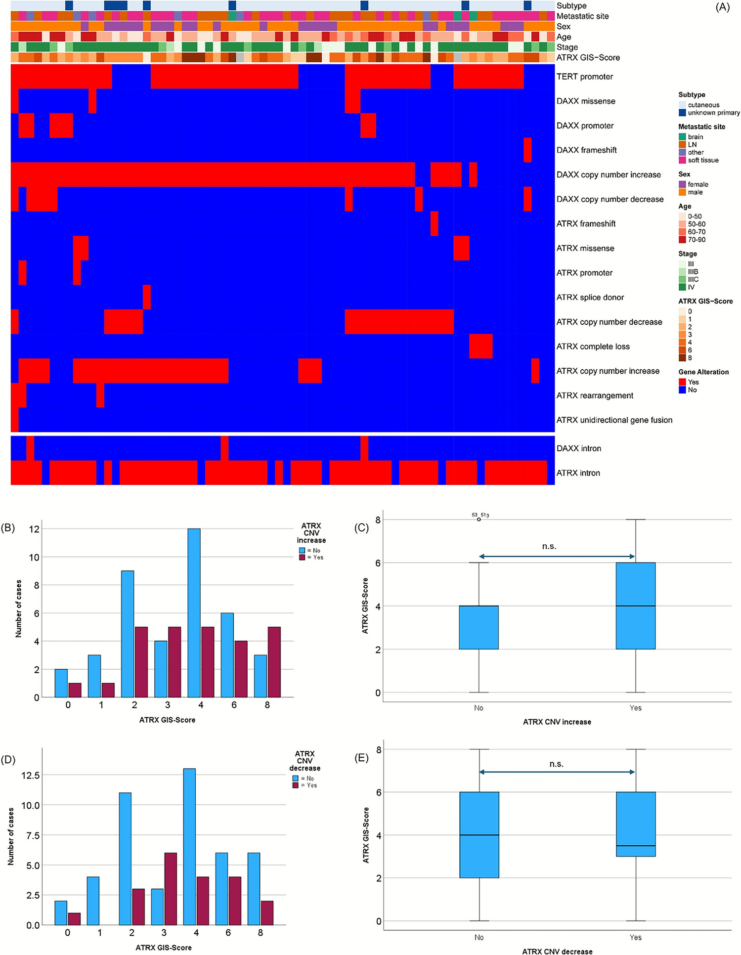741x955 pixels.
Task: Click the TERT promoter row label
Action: tap(584, 77)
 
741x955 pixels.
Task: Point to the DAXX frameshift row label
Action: tap(586, 150)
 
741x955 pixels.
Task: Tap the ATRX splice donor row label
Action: tap(590, 298)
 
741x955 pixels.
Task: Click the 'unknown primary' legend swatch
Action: tap(682, 113)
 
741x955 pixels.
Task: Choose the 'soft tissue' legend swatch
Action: tap(682, 160)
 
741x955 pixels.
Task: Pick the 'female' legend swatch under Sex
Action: tap(682, 184)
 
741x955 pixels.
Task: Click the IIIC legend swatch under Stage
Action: tap(682, 279)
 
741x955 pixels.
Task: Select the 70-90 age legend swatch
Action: tap(682, 240)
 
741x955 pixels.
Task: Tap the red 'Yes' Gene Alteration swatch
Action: tap(682, 382)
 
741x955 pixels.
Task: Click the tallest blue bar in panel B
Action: tap(194, 613)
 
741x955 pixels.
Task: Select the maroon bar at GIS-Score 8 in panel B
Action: tap(274, 662)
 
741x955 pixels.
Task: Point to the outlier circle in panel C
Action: tap(479, 520)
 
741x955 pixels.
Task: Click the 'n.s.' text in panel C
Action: tap(549, 546)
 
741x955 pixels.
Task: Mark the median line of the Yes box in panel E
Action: tap(635, 846)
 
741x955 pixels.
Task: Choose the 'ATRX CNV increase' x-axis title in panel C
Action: tap(557, 722)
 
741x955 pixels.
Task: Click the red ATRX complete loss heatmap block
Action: tap(480, 347)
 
